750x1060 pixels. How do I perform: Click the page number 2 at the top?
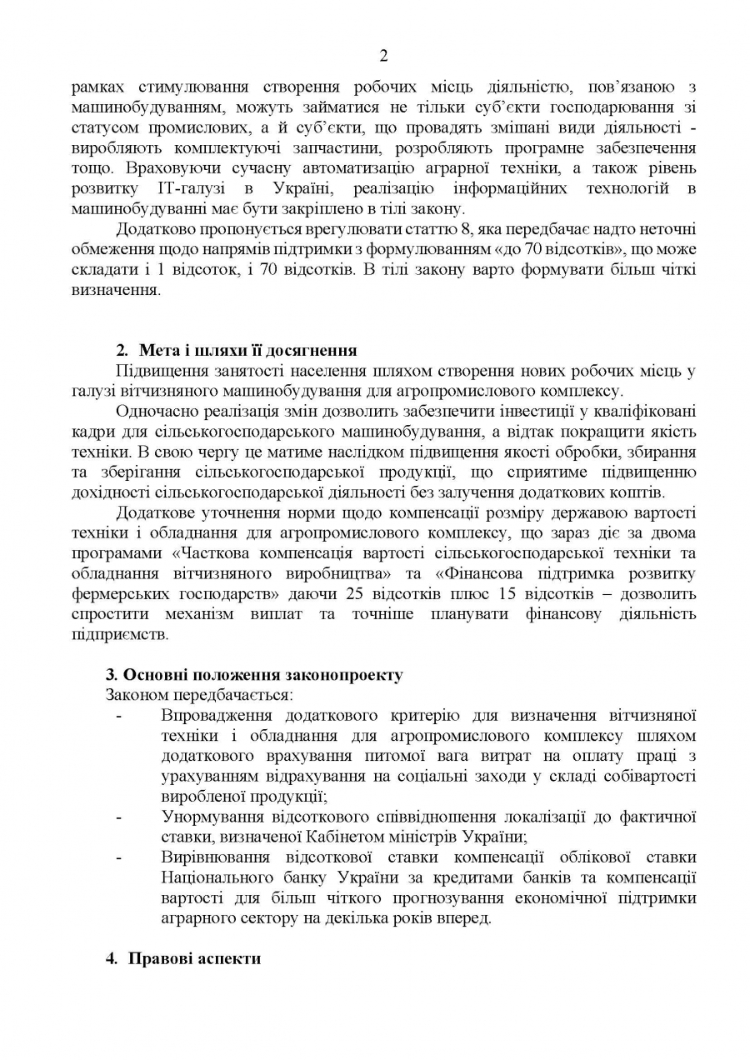[383, 57]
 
